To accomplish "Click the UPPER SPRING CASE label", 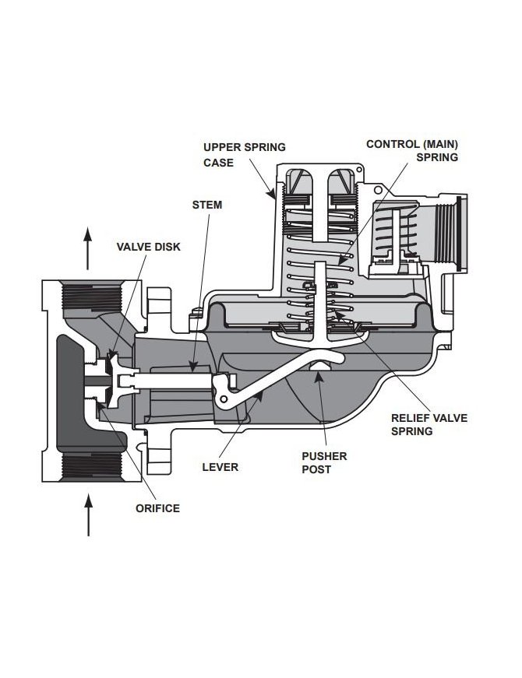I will [233, 155].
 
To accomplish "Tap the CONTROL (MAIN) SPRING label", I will [411, 150].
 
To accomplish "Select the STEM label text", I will [206, 205].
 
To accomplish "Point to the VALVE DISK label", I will [149, 246].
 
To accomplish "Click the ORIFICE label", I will [158, 508].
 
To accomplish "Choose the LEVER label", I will [220, 467].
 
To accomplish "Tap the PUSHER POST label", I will [323, 463].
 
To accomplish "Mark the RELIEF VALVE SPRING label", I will [429, 424].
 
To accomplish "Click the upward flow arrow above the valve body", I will [89, 237].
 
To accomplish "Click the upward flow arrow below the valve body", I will [89, 517].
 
